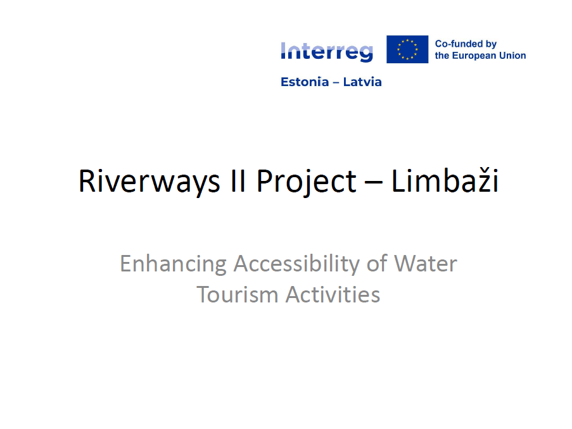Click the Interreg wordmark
[x=327, y=52]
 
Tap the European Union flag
[x=407, y=49]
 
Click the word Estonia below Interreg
[x=305, y=82]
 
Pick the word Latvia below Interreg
[x=362, y=82]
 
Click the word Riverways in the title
[x=149, y=181]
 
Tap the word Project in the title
[x=307, y=181]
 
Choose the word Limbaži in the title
[x=445, y=180]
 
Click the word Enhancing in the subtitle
[x=173, y=264]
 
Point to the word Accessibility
[x=296, y=264]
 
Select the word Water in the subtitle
[x=425, y=263]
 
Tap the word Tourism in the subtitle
[x=238, y=294]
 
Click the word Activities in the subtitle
[x=333, y=294]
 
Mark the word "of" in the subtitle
[x=377, y=263]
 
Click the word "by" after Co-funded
[x=491, y=44]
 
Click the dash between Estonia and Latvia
[x=336, y=82]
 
